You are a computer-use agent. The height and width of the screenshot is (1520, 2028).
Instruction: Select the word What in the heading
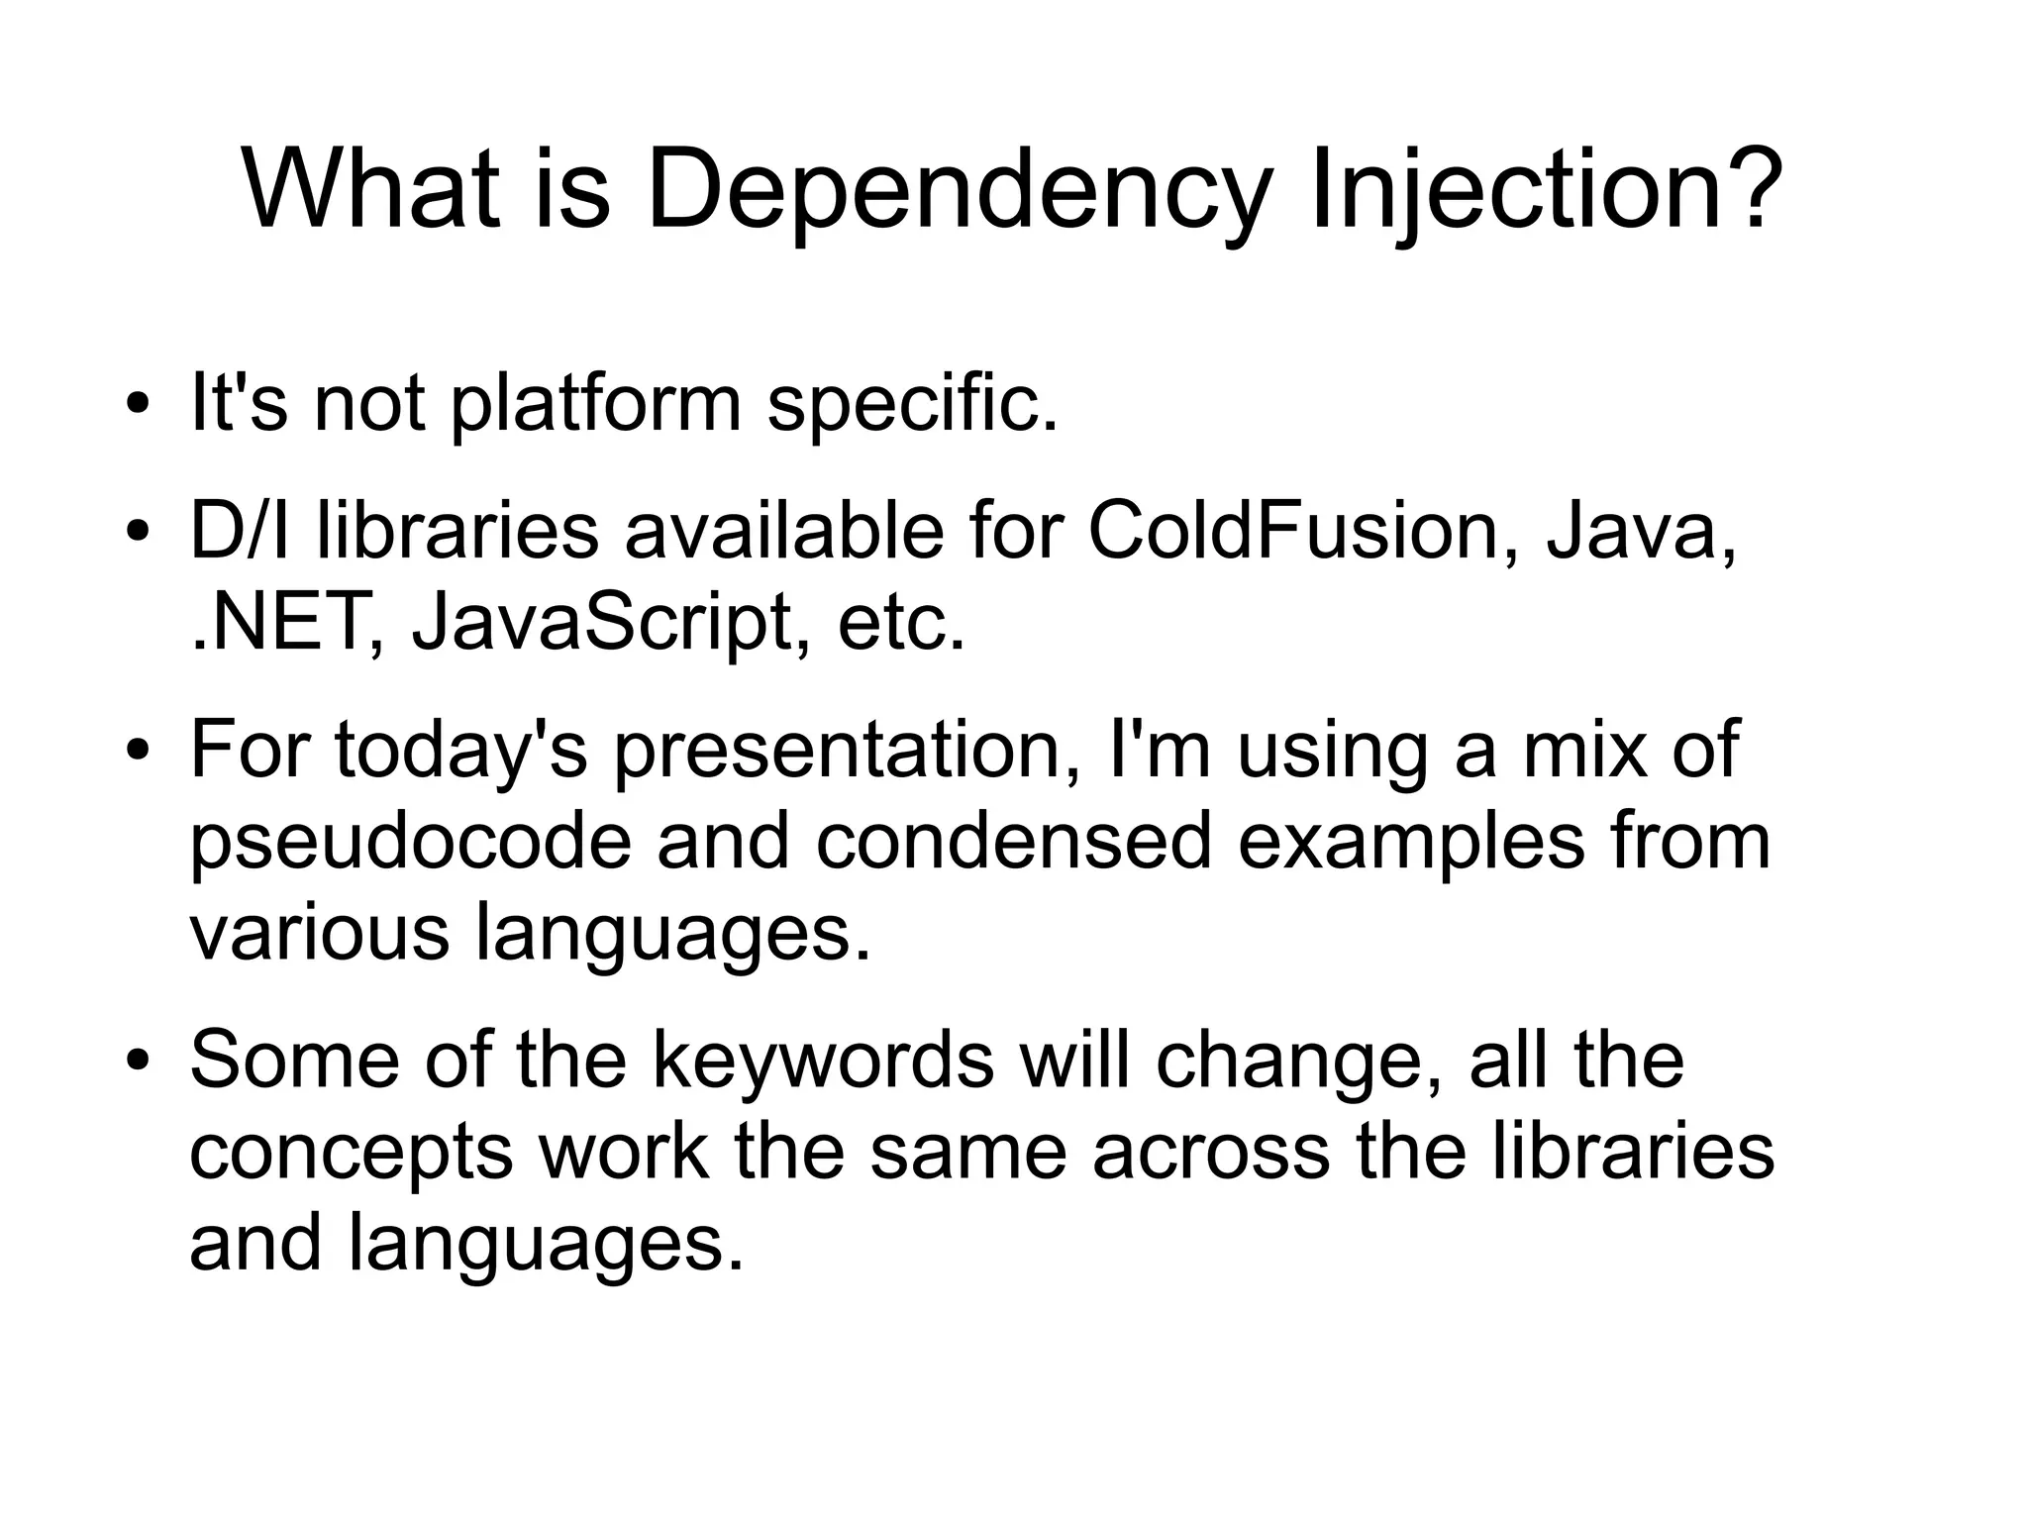(x=370, y=188)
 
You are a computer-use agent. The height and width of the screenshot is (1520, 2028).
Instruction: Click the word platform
(x=595, y=405)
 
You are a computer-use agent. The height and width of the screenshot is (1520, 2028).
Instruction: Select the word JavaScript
(x=604, y=623)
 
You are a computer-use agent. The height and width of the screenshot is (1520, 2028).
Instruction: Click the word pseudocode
(x=410, y=842)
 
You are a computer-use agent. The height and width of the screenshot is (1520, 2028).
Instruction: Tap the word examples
(x=1410, y=842)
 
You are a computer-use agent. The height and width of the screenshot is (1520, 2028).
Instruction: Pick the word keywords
(x=822, y=1061)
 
